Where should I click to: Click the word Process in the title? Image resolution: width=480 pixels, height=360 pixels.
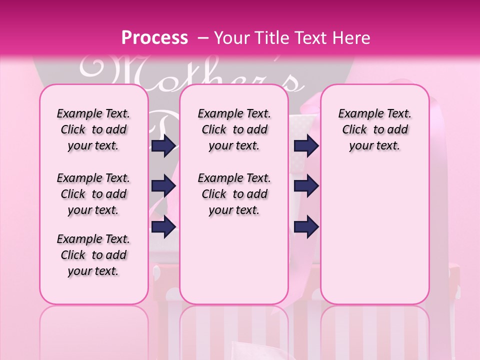click(x=154, y=38)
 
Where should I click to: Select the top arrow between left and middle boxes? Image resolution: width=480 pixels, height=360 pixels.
click(x=163, y=146)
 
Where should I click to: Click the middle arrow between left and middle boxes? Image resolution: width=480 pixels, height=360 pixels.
click(x=163, y=186)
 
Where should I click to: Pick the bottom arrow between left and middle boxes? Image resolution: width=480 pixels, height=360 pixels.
click(x=163, y=227)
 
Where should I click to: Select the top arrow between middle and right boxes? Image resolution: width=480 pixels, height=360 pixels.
click(x=306, y=146)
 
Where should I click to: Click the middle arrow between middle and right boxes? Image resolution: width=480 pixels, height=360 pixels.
click(x=306, y=186)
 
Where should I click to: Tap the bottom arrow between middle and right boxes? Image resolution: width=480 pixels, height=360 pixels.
click(x=306, y=227)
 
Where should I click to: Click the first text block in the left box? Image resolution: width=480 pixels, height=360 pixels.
click(x=93, y=129)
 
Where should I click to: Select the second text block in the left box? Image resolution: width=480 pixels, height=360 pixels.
click(x=93, y=194)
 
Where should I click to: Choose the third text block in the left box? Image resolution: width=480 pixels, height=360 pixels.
click(x=93, y=255)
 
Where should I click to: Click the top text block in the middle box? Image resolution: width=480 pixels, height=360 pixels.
click(x=234, y=129)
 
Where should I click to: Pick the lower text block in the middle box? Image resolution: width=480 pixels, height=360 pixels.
click(x=234, y=194)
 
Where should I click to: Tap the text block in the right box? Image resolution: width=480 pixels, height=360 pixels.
click(x=374, y=129)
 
